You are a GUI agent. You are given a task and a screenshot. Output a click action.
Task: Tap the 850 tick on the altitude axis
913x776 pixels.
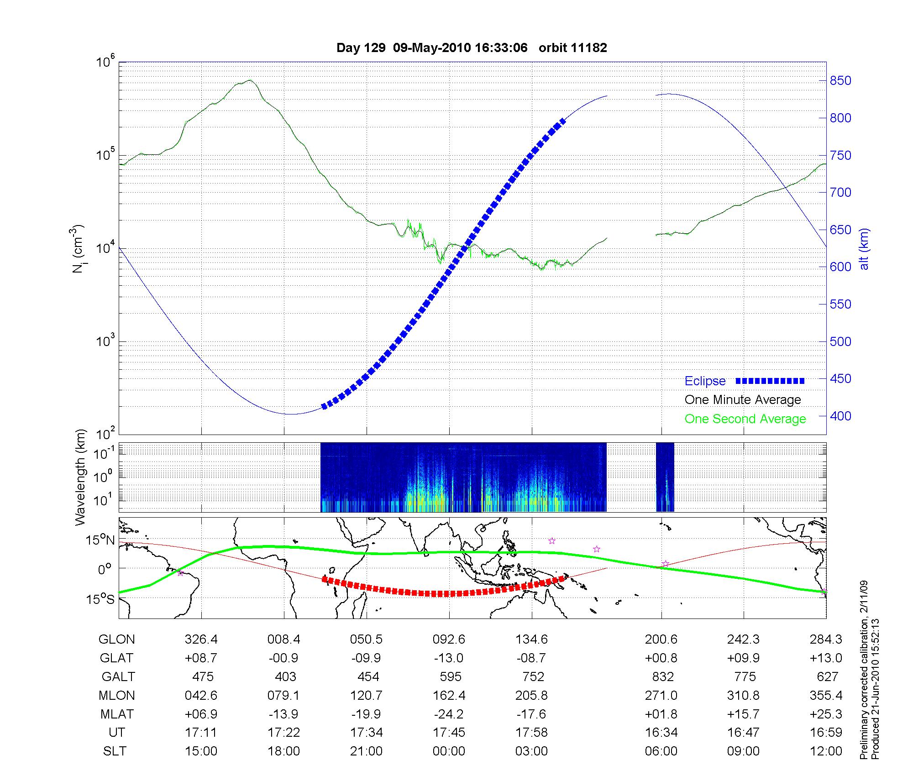coord(840,81)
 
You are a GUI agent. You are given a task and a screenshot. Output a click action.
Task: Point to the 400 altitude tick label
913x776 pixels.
coord(840,416)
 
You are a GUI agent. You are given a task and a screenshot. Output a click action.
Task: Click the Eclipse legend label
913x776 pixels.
coord(705,381)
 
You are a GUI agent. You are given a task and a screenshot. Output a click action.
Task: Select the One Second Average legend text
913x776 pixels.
coord(745,419)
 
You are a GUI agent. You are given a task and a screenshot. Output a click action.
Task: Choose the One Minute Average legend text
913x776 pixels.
coord(743,400)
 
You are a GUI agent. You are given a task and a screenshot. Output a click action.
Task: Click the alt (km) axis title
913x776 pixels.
coord(864,249)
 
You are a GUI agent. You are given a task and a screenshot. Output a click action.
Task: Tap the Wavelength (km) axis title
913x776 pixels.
coord(80,477)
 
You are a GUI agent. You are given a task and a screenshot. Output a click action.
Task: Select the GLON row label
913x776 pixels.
coord(116,639)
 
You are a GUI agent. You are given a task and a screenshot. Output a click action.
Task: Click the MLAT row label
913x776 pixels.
coord(117,714)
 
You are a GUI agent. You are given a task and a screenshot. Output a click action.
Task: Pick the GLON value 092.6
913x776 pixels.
coord(449,639)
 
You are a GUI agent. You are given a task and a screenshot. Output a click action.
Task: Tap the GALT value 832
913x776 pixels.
coord(663,676)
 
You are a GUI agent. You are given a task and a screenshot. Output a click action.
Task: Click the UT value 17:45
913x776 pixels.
coord(449,733)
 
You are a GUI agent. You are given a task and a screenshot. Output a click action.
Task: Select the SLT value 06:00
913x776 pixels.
coord(661,751)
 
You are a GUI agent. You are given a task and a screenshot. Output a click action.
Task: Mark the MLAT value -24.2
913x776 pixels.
coord(449,714)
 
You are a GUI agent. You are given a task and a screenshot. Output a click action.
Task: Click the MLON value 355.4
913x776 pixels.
coord(826,695)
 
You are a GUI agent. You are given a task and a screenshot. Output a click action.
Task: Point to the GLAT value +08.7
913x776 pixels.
coord(201,658)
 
